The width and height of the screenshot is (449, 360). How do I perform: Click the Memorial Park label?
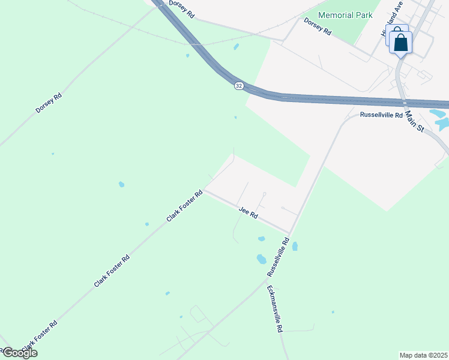coord(345,16)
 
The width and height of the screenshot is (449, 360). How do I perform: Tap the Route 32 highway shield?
coord(239,86)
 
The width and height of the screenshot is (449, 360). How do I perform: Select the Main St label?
coord(414,120)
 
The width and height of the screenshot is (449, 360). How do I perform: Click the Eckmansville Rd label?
coord(274,308)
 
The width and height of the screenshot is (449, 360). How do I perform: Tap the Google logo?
coord(19,353)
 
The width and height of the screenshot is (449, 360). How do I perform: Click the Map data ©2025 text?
coord(424,355)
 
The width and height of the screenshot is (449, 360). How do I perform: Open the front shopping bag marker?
coord(401,43)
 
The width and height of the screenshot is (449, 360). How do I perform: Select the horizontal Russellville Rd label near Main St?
coord(381,115)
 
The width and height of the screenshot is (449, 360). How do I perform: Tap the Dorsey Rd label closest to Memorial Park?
coord(318,28)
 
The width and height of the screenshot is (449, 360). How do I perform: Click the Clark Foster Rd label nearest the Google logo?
coord(40,335)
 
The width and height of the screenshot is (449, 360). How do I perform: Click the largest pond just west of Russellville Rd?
coord(261,259)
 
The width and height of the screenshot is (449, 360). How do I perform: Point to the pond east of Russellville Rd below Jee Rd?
coord(295,246)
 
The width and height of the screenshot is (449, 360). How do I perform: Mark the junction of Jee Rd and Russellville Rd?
coord(290,232)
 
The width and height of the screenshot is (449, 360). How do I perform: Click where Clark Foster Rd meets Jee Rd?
coord(204,191)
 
